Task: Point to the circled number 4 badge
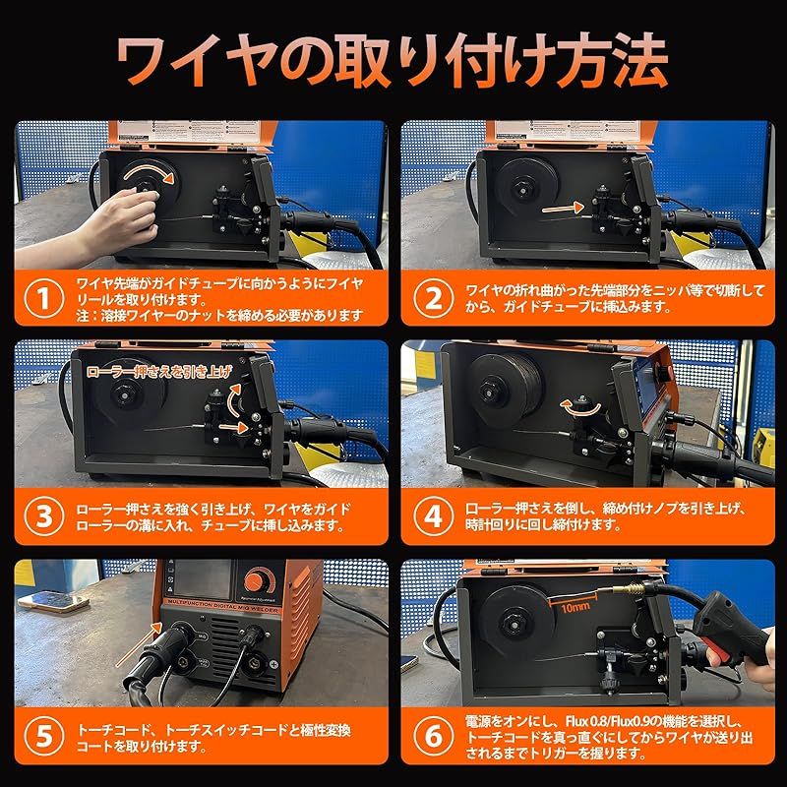click(426, 516)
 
